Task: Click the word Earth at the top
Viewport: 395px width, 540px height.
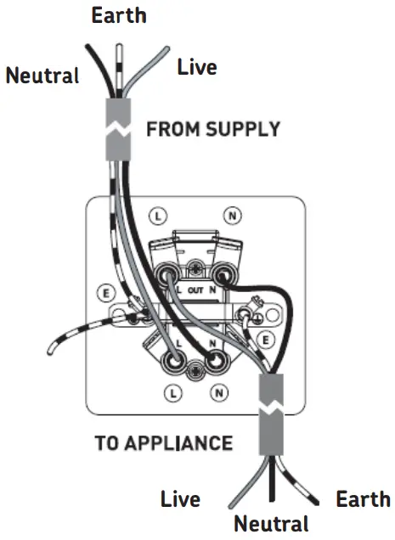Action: tap(118, 14)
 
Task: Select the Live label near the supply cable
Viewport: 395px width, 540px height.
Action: tap(197, 66)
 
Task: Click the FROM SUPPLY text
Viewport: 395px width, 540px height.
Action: tap(212, 129)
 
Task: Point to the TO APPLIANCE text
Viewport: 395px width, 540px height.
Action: tap(163, 442)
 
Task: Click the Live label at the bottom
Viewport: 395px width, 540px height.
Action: tap(179, 498)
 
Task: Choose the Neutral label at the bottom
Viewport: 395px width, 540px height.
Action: tap(271, 522)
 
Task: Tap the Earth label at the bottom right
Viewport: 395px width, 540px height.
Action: tap(363, 498)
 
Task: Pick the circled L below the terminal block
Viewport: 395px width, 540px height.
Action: tap(173, 392)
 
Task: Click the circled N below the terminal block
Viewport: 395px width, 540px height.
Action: tap(219, 392)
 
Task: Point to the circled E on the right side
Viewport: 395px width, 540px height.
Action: tap(265, 340)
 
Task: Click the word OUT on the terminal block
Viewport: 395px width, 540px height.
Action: tap(196, 290)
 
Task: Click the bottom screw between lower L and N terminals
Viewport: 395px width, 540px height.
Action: tap(196, 368)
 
